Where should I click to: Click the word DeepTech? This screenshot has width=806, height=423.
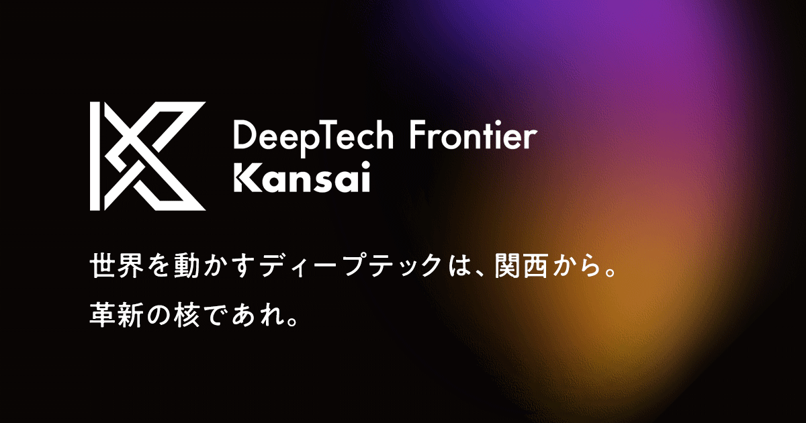pos(314,138)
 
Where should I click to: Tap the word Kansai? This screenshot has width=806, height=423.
pos(302,177)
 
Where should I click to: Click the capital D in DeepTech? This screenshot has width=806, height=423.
pos(245,135)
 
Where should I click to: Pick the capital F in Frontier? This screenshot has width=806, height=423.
pos(418,135)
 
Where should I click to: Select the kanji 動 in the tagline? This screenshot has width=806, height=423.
pos(187,266)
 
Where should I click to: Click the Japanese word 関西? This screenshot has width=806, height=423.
pos(522,266)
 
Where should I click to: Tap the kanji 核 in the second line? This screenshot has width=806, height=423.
pos(187,315)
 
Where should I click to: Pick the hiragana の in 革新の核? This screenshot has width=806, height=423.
pos(159,316)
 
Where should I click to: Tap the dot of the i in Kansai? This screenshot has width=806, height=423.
pos(365,165)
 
